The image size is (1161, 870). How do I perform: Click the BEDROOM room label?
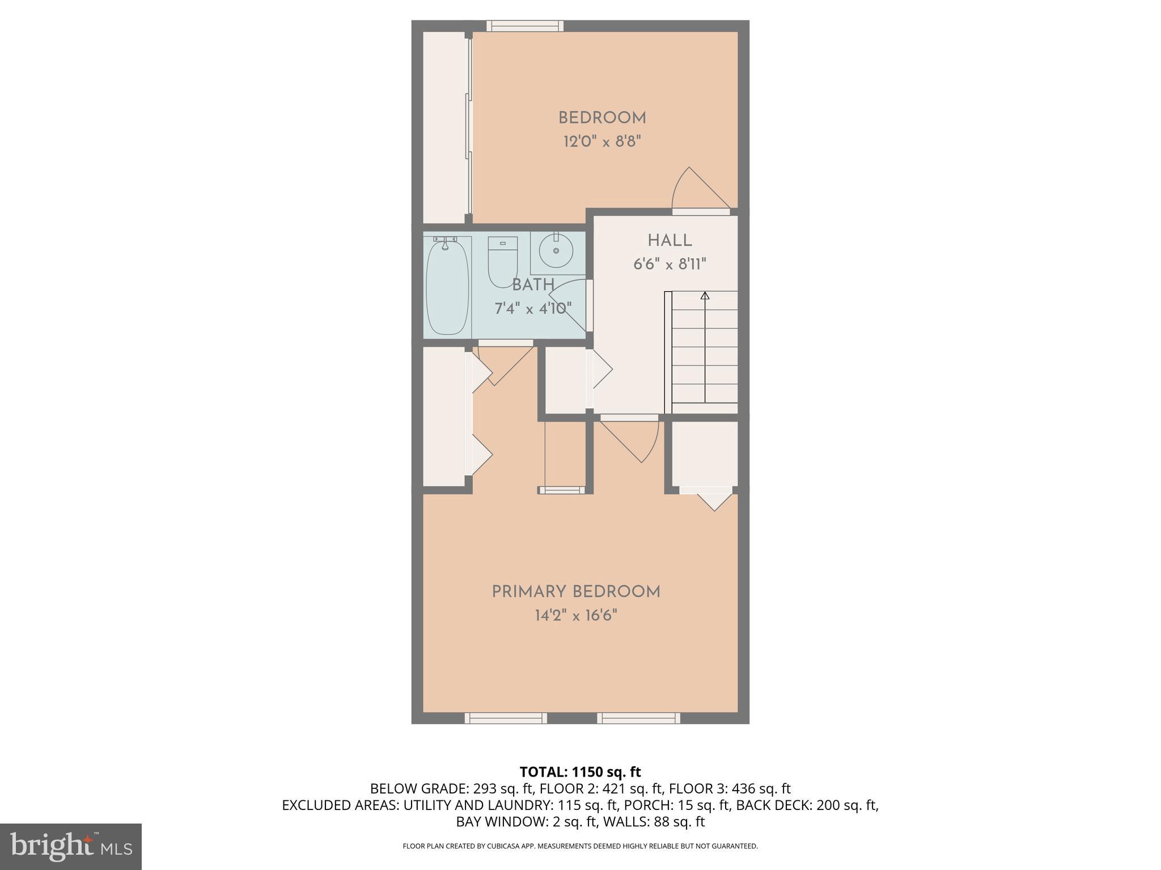pos(602,118)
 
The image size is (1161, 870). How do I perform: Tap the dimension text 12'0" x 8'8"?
pos(602,142)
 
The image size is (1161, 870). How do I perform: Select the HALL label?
pos(670,241)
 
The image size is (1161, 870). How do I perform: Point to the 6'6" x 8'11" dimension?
pos(670,265)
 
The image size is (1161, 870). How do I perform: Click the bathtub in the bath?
pos(447,288)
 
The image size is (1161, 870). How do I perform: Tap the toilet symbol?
pos(503,261)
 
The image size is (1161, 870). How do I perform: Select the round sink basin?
pos(556,251)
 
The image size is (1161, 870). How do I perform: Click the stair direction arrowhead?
pos(705,296)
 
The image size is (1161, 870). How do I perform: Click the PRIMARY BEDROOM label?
pos(576,592)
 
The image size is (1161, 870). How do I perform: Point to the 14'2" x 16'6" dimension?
pos(576,616)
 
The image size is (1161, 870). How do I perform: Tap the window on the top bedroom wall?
pos(525,25)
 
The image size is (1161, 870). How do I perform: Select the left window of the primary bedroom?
pos(506,718)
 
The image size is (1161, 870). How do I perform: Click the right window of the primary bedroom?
pos(638,718)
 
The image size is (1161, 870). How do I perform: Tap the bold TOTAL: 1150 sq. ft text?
pos(580,772)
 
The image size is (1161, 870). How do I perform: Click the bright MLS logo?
pos(70,846)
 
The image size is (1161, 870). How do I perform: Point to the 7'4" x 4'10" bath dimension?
pos(533,309)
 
